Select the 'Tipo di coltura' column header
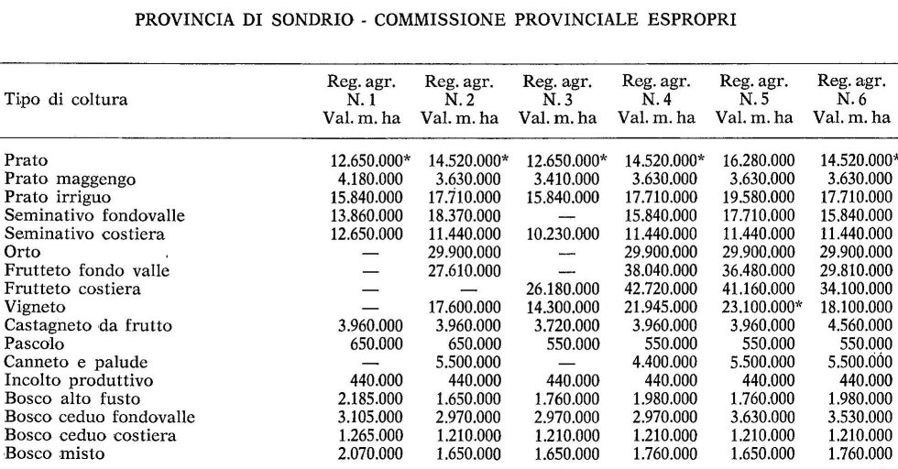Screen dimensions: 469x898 (67, 99)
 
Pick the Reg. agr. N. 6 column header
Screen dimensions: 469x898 (852, 99)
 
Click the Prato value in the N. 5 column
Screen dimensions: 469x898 (755, 160)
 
